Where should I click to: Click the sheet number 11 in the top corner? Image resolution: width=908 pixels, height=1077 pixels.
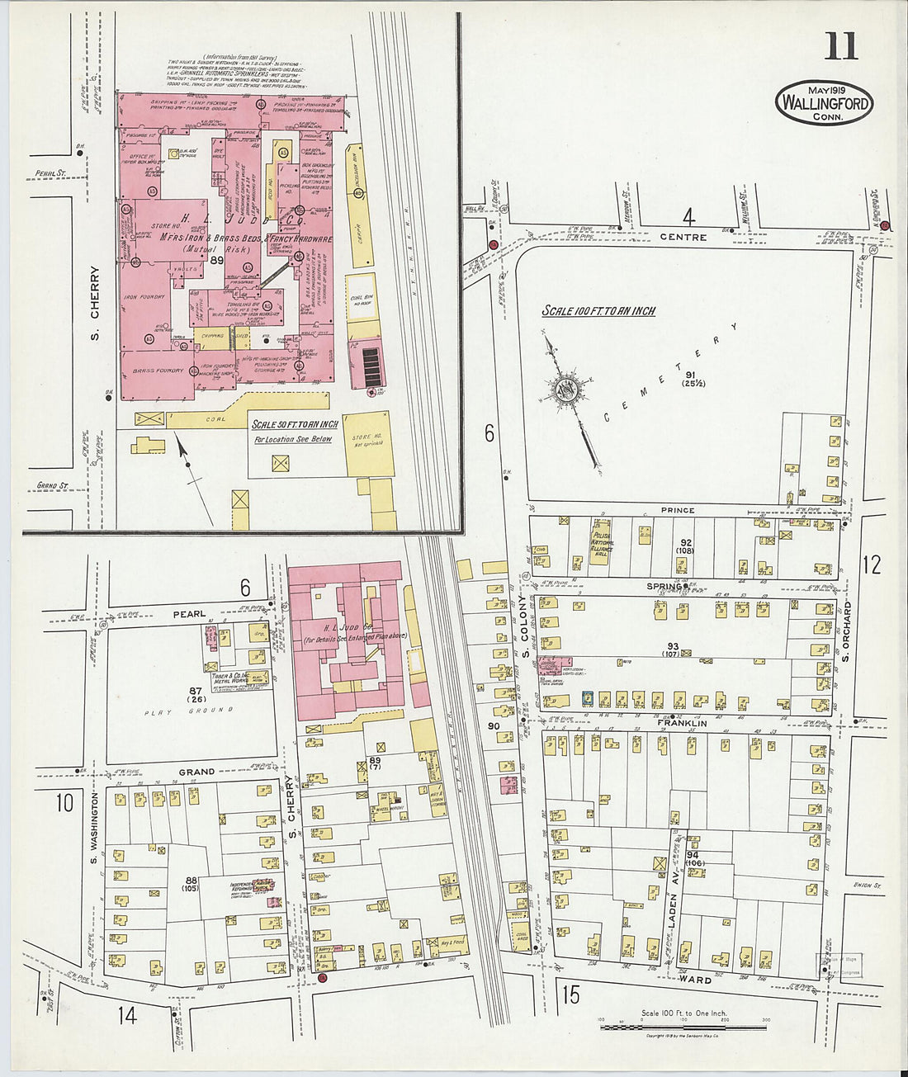click(840, 46)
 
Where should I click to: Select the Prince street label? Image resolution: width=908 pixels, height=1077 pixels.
click(678, 511)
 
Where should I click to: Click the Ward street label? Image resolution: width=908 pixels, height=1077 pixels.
click(695, 980)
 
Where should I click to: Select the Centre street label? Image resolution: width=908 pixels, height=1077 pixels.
click(683, 238)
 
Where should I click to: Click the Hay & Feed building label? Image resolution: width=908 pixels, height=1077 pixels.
click(451, 942)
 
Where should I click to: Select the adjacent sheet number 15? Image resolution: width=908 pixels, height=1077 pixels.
click(570, 994)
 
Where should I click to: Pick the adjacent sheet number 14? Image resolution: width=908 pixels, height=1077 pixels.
click(126, 1014)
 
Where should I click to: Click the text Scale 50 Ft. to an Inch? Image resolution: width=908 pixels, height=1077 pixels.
click(295, 424)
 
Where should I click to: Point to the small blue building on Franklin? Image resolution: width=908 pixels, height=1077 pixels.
click(588, 698)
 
